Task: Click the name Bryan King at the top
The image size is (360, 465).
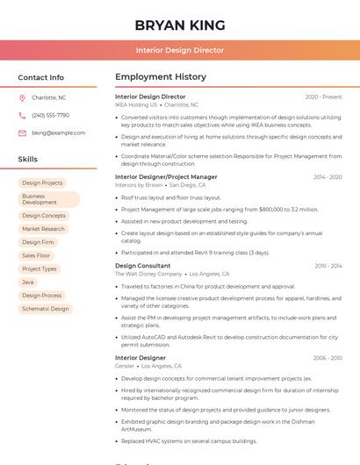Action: coord(180,25)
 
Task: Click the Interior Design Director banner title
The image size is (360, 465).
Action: coord(180,50)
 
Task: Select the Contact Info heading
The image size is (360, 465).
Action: coord(41,77)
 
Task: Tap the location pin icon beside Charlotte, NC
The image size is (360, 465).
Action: coord(22,97)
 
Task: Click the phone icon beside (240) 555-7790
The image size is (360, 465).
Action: coord(22,115)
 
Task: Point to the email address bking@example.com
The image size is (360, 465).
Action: coord(58,132)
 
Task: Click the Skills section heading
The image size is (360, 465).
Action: coord(28,160)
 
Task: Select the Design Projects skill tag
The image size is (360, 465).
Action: coord(42,182)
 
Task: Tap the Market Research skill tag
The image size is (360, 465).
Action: coord(44,228)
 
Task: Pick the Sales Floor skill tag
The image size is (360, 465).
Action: coord(37,255)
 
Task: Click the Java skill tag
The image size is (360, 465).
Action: coord(28,282)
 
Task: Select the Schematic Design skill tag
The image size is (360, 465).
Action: coord(46,309)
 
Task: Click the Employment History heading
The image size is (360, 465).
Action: coord(161,77)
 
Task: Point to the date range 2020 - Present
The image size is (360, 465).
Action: coord(323,97)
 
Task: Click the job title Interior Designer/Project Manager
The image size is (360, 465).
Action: coord(166,176)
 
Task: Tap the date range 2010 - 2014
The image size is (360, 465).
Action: coord(328,266)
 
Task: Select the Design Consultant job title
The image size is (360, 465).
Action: coord(143,266)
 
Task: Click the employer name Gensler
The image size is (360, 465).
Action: coord(125,366)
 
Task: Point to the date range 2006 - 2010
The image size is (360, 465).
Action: coord(328,358)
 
